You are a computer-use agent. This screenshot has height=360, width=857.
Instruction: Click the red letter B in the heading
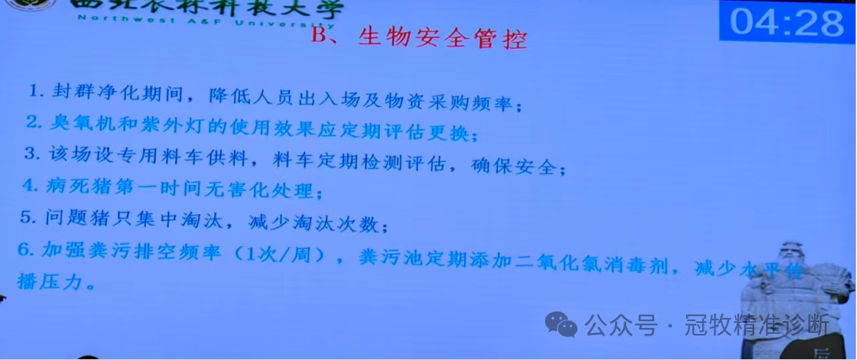click(x=319, y=37)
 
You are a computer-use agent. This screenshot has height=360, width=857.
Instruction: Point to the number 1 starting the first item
click(x=33, y=90)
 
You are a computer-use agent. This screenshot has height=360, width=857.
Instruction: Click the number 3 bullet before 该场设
click(x=32, y=156)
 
